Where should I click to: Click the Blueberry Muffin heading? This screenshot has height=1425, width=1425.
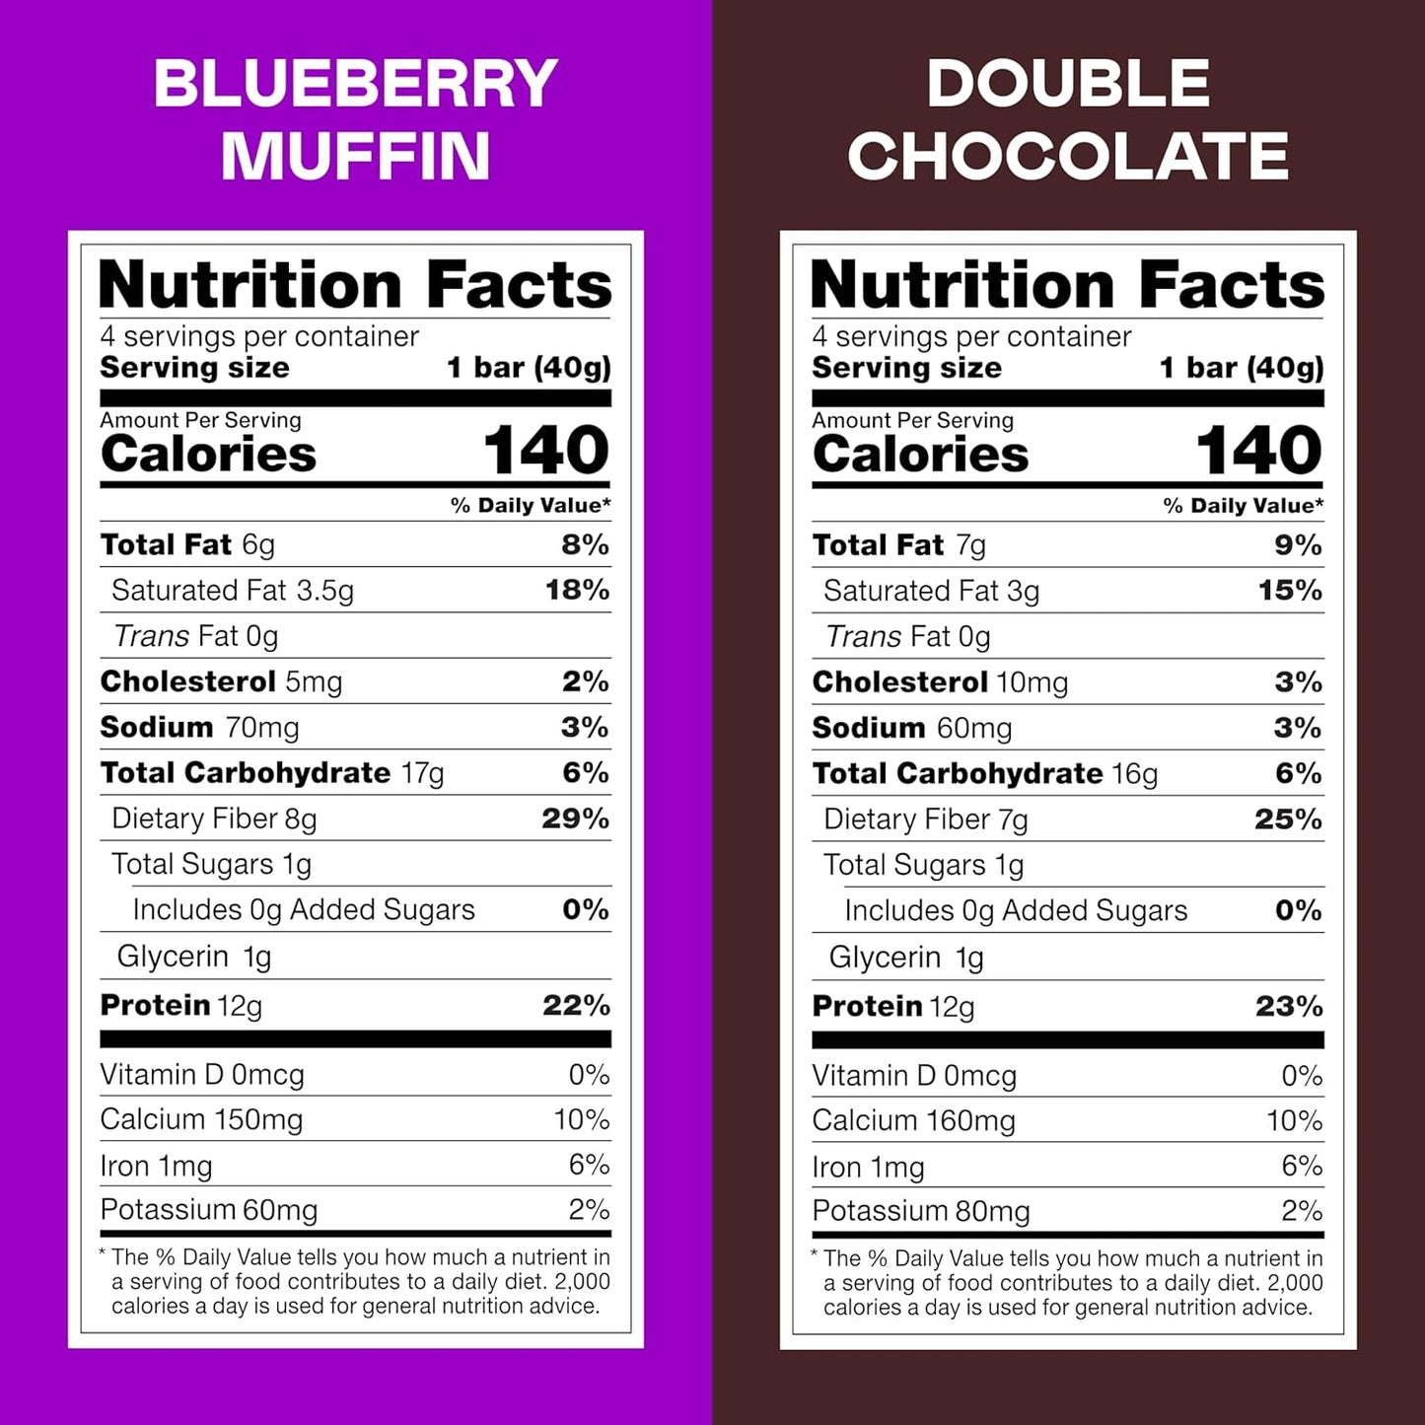(355, 119)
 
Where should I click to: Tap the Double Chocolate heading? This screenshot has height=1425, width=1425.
(1068, 119)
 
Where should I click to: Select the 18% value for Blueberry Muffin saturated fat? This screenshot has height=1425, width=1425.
(577, 590)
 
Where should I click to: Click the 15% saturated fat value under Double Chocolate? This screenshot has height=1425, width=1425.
(1289, 591)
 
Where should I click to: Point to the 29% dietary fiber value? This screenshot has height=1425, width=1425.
(575, 819)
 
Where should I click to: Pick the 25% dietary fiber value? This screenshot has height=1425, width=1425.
(1288, 819)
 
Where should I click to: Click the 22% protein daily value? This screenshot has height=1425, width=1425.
(576, 1005)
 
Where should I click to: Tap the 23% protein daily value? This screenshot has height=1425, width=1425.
(1289, 1006)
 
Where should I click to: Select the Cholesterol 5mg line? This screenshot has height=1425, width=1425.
(221, 681)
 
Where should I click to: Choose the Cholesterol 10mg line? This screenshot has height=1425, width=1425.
(940, 682)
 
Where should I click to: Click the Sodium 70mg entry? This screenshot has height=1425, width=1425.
(199, 728)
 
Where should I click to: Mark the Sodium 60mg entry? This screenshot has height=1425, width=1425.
(912, 729)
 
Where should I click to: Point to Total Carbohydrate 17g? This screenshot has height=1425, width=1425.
(272, 773)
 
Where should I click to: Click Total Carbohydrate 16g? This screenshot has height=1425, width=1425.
(985, 774)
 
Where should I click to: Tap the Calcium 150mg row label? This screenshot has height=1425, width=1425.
(201, 1120)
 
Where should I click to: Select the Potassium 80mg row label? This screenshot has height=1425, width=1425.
(921, 1211)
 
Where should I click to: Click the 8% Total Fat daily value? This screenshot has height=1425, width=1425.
(585, 544)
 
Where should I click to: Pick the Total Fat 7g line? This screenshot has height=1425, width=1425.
(898, 545)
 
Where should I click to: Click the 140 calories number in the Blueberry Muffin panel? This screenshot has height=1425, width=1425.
(545, 451)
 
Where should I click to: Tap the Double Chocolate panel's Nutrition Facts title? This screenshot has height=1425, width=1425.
(1067, 285)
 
